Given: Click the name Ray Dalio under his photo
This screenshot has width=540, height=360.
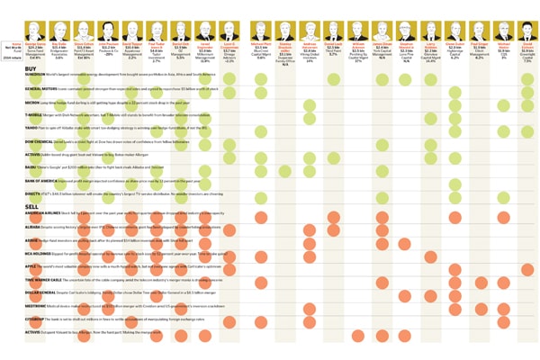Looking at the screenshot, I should (60, 40).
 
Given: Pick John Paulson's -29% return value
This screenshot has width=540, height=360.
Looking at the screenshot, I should (109, 55).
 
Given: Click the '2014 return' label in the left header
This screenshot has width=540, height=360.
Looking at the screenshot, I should (13, 58).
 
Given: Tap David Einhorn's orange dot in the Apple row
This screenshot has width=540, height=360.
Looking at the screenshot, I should (526, 268).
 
